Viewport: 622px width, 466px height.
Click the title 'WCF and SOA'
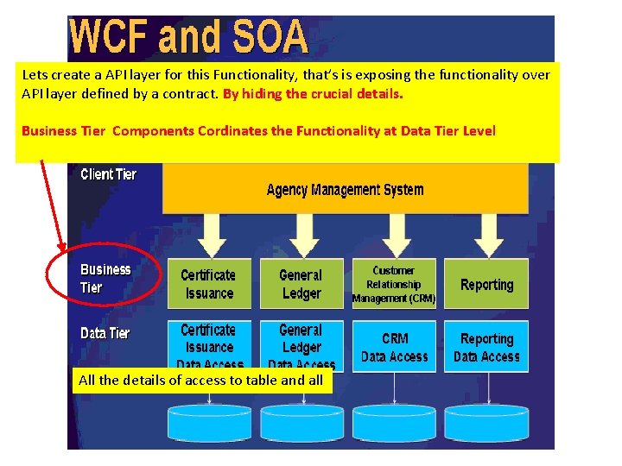click(188, 37)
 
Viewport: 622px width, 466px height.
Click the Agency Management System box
click(345, 189)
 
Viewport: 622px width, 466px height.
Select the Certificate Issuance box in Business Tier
click(208, 284)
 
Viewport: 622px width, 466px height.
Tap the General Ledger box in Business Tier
click(301, 284)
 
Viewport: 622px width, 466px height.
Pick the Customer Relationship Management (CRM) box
click(394, 284)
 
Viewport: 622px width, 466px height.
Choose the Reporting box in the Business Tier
click(486, 284)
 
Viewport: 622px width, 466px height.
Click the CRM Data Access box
click(394, 347)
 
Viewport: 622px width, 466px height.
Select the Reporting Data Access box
click(486, 347)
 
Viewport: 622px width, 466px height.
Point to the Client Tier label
click(109, 174)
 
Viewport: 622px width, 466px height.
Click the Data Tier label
click(105, 333)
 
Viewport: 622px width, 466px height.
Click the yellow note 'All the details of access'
click(202, 381)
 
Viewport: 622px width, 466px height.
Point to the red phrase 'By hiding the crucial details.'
click(313, 93)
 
